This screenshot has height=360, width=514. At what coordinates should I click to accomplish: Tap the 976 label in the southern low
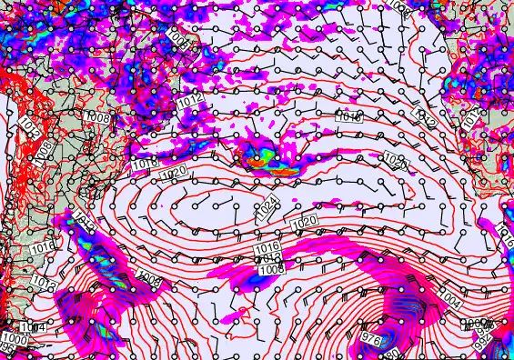pos(371,338)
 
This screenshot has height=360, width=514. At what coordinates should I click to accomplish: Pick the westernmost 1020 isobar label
pos(177,171)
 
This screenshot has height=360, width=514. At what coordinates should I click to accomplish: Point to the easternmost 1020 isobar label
pos(395,161)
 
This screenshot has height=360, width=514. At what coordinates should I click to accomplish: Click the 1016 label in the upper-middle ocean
pos(348,117)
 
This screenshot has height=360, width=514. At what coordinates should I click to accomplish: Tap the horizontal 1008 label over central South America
pos(97,116)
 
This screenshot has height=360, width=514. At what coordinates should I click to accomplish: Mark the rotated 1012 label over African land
pos(470,118)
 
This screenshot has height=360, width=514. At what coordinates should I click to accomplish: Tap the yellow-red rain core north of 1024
pos(263,159)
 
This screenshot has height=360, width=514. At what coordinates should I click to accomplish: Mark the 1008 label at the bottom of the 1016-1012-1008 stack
pos(270,269)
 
